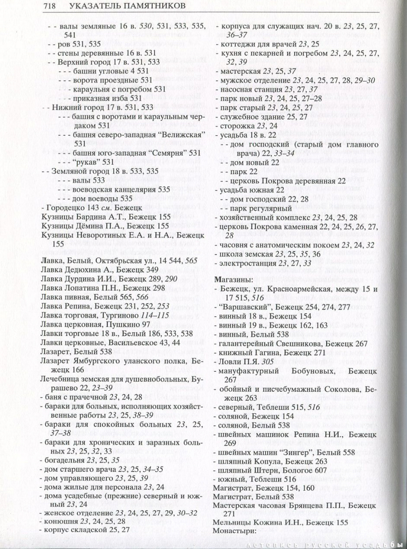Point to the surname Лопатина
coord(80,292)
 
